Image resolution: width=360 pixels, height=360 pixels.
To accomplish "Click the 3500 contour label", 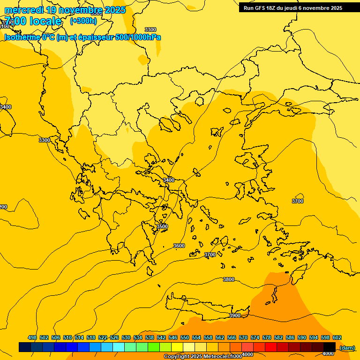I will [162, 226].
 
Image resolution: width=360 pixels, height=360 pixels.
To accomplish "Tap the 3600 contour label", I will [179, 246].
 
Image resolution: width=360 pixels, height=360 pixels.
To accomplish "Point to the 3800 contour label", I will [229, 279].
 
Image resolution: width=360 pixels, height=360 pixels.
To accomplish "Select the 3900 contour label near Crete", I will [235, 315].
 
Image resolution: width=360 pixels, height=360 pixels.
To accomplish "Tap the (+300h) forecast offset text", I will [83, 21].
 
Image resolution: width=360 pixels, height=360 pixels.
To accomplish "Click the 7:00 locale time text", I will [33, 21].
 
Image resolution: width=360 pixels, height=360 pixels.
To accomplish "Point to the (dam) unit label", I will [347, 348].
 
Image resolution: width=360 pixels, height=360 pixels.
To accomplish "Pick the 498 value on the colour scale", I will [32, 337].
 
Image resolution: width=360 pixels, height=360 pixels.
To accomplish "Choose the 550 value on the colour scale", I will [185, 337].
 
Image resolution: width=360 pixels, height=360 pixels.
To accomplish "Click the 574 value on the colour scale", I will [255, 337].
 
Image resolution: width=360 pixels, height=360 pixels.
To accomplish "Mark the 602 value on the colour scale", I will [337, 337].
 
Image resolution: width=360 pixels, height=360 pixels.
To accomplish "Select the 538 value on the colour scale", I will [150, 337].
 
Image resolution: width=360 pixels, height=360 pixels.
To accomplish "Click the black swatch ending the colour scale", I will [330, 347].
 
